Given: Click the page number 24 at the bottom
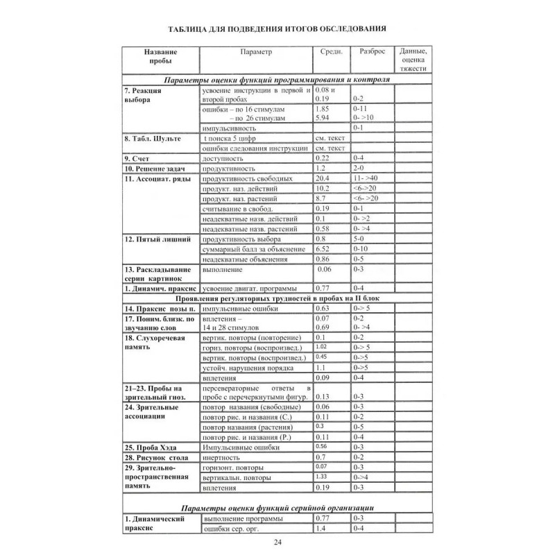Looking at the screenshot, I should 277,542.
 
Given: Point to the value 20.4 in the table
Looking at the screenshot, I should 323,178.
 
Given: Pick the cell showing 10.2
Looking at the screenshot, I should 322,188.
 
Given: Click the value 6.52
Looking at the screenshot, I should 323,248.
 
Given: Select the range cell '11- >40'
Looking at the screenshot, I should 366,178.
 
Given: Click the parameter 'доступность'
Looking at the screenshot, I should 225,159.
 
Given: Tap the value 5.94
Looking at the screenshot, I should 323,119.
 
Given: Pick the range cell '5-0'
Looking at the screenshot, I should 359,239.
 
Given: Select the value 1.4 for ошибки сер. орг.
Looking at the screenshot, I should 321,529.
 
